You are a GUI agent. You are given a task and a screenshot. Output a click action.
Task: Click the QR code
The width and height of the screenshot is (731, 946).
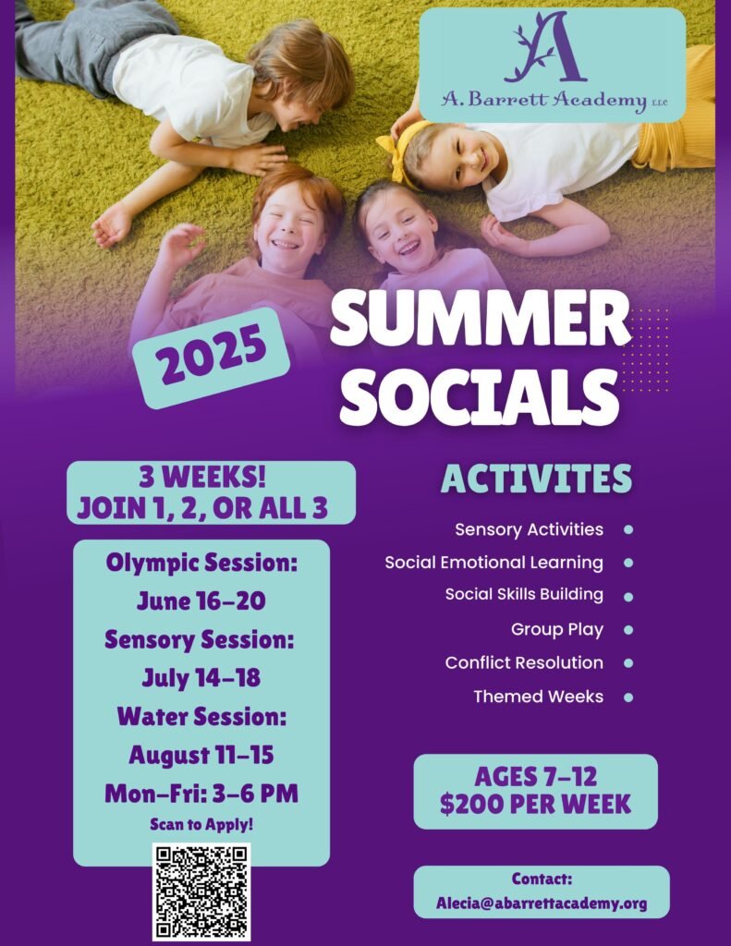201,891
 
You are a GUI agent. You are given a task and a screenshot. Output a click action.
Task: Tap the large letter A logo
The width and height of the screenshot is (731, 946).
546,47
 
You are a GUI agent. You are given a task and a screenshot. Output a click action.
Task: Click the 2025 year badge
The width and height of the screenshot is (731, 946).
211,357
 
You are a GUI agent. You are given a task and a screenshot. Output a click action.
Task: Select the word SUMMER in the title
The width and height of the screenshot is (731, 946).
481,319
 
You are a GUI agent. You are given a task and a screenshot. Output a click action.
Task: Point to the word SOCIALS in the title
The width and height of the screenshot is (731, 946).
480,396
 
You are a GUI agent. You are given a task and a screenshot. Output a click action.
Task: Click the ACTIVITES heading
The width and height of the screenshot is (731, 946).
537,479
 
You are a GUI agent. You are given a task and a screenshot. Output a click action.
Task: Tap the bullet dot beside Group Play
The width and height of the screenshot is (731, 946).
628,630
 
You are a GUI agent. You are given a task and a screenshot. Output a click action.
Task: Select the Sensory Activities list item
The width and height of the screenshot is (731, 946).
529,529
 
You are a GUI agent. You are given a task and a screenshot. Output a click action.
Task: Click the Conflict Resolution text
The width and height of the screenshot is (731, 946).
524,662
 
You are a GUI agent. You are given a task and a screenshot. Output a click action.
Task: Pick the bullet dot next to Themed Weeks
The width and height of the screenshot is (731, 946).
628,697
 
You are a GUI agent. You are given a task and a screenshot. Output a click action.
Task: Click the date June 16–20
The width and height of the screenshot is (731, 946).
201,600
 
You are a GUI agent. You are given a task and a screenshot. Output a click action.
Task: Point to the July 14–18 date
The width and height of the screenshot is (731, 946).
201,677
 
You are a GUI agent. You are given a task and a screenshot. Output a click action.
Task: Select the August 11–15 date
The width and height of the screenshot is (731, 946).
201,755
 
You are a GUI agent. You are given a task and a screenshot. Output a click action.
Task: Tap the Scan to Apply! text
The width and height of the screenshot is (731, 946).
201,824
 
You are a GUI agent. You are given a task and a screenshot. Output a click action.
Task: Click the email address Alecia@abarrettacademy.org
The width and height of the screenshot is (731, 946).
542,904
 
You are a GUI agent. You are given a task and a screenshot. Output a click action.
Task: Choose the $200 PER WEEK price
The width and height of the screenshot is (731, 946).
535,805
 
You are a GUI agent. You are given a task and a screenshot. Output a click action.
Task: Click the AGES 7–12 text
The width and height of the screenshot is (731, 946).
535,776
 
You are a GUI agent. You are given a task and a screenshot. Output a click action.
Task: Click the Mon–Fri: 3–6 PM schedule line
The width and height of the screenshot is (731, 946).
201,794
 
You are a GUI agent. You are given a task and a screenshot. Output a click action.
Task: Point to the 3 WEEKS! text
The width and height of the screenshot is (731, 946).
202,478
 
